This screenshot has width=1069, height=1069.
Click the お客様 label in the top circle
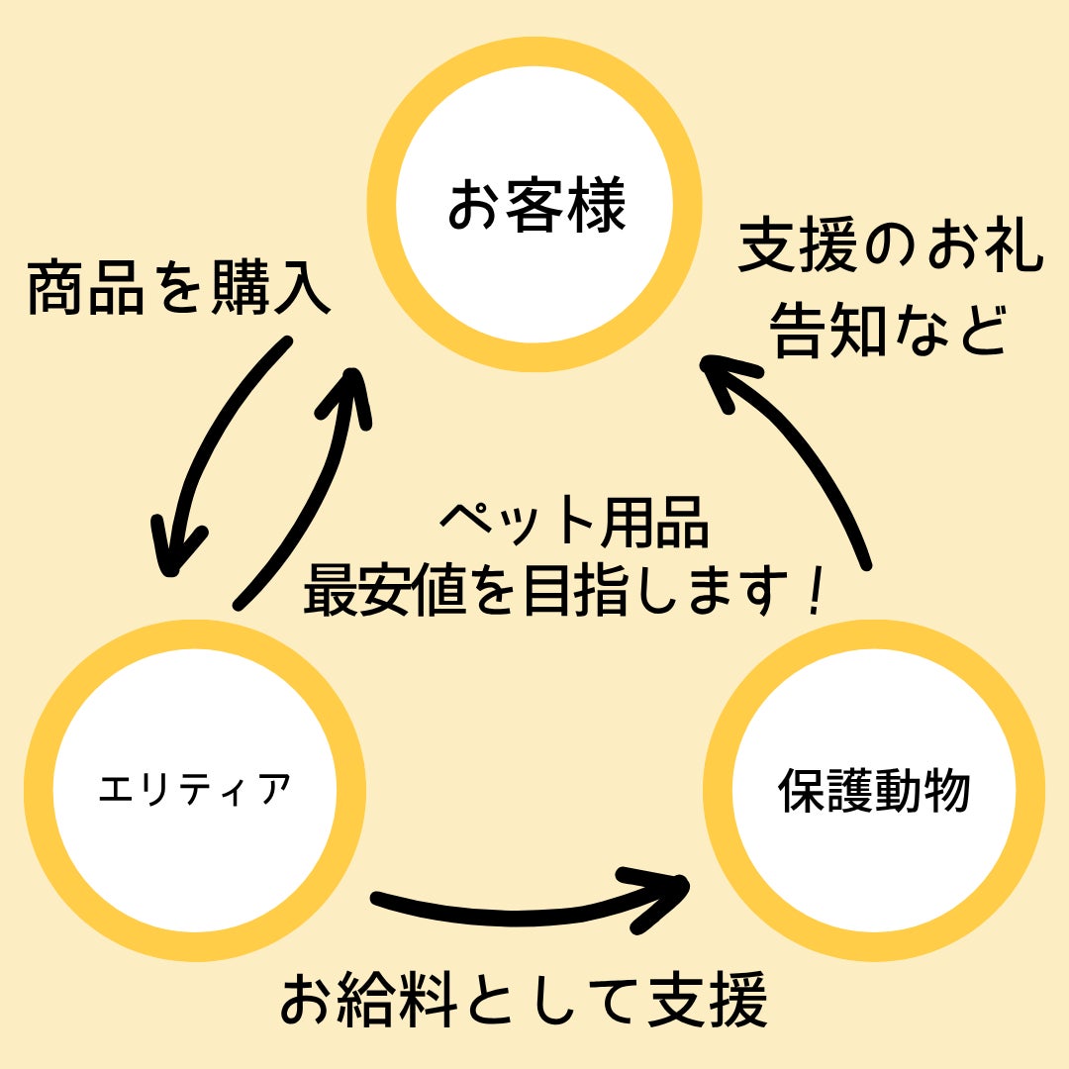(535, 207)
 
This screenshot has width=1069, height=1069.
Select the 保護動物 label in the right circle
(874, 791)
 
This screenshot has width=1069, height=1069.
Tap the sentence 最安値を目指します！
(564, 590)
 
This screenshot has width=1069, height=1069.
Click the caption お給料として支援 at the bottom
(525, 1000)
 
